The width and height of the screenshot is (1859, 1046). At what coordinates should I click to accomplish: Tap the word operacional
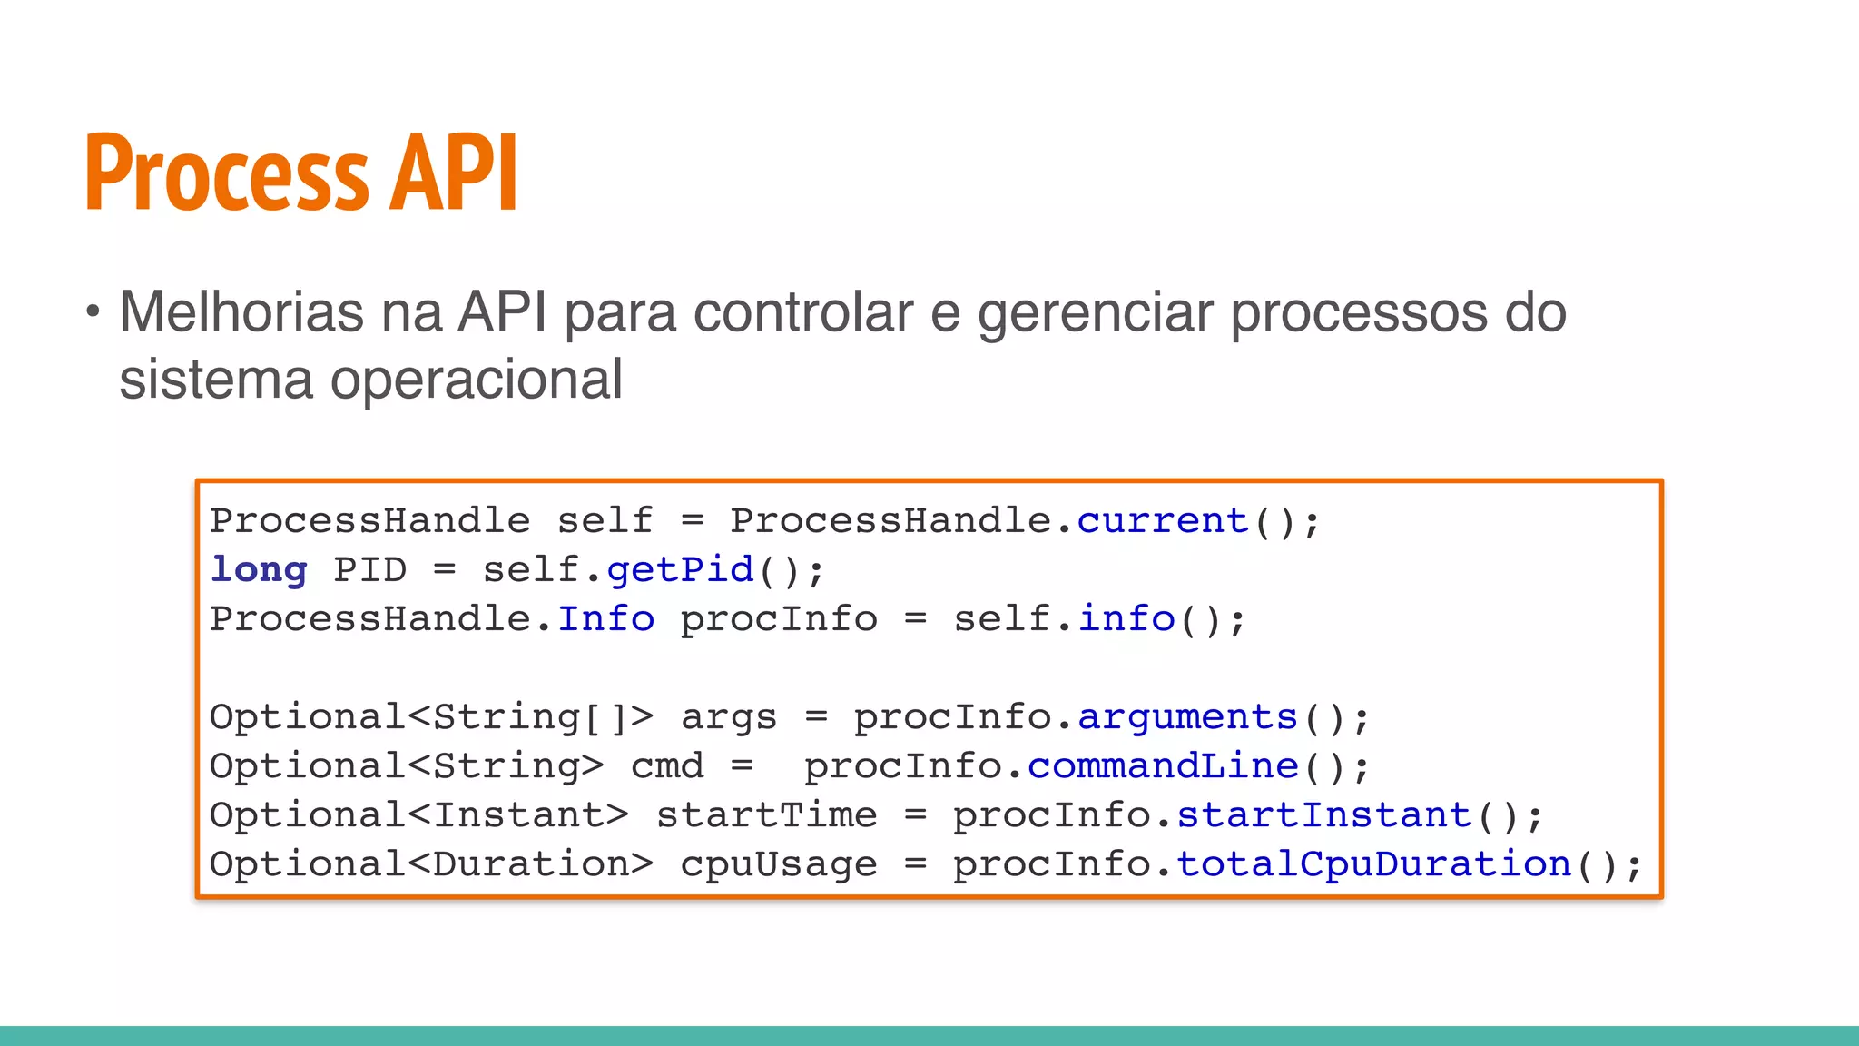[476, 380]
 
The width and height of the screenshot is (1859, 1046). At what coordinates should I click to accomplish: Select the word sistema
[216, 380]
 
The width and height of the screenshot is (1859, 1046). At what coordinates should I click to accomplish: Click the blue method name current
[1163, 521]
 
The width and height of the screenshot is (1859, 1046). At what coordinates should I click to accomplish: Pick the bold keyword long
[259, 570]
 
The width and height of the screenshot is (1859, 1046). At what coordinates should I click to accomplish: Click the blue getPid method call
[680, 570]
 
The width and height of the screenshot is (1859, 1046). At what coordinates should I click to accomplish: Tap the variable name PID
[370, 570]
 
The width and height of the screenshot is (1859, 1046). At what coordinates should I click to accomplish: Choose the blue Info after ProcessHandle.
[605, 619]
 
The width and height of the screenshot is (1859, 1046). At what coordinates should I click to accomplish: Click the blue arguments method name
[1187, 717]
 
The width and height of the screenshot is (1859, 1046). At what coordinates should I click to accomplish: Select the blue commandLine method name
[1163, 766]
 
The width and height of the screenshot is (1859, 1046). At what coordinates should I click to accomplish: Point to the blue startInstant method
[1323, 815]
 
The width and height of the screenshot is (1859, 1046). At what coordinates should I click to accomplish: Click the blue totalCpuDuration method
[1373, 864]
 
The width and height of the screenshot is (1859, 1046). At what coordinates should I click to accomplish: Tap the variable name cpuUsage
[779, 864]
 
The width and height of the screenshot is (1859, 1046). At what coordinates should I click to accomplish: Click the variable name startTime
[767, 815]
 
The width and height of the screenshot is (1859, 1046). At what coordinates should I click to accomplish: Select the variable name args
[729, 717]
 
